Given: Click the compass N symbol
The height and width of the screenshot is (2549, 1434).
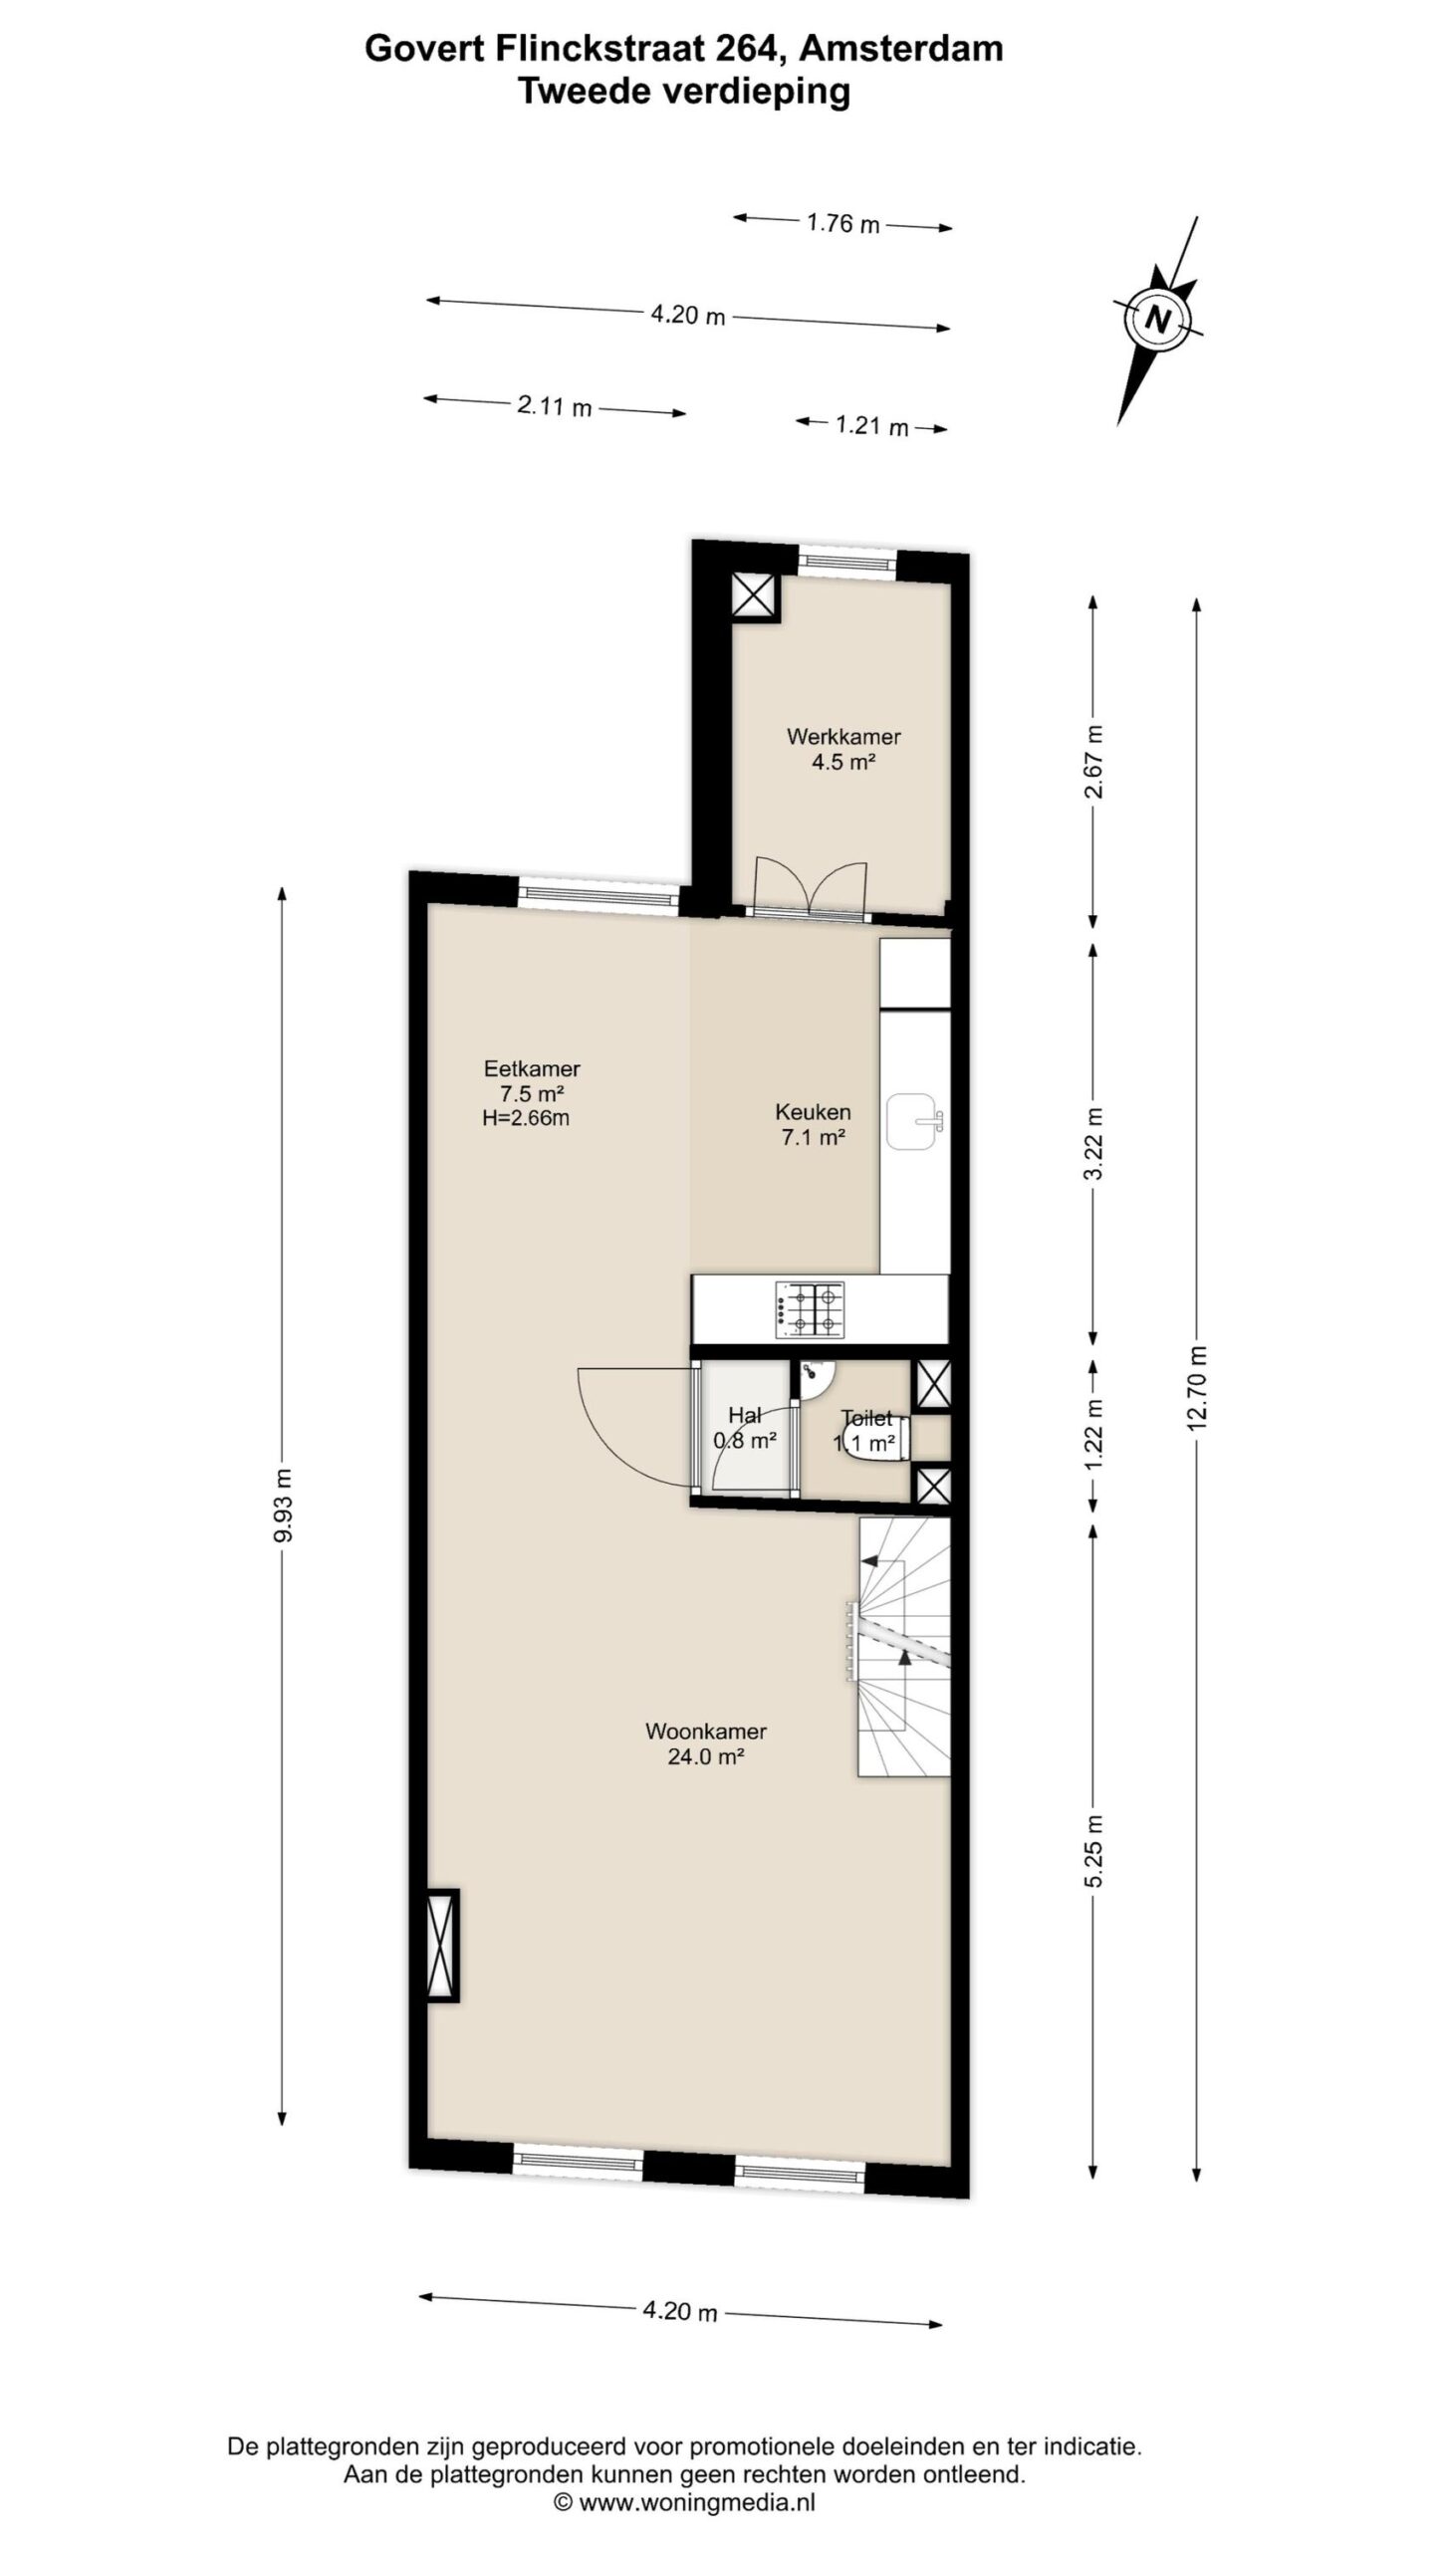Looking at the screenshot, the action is pos(1156,319).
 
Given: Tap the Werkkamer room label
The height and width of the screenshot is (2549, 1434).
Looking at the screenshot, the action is pos(843,737).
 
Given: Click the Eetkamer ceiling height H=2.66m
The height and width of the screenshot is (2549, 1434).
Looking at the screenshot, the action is pos(526,1118).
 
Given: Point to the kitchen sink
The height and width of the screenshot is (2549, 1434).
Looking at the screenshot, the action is pos(913,1120).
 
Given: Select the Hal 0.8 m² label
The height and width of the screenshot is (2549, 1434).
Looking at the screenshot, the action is pos(745,1427).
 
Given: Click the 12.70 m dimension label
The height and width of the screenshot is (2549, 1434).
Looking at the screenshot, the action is pos(1197,1388).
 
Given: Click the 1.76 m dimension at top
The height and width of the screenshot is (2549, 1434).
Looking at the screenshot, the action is pos(843,223).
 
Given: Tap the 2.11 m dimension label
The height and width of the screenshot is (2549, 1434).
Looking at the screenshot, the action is pos(555,406).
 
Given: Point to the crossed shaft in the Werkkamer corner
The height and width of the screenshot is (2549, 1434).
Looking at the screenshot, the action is pos(755,596).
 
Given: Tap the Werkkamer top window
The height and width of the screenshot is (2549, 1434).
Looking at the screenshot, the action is pos(847,563).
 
